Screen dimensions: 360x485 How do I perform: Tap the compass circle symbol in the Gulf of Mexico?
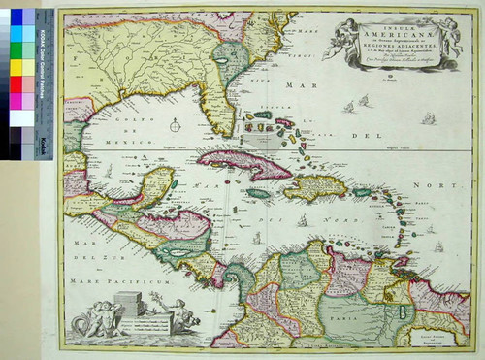coord(175,124)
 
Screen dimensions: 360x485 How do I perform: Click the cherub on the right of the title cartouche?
coord(447,34)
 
